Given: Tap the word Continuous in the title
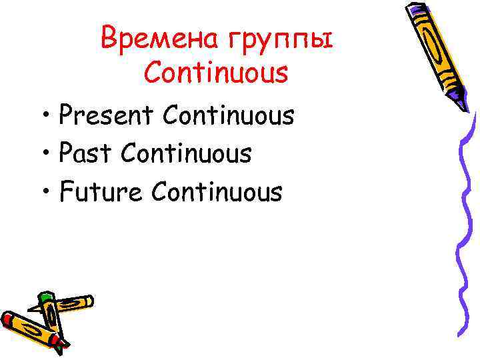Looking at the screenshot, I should (x=215, y=73).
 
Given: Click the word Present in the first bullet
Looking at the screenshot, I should (x=107, y=116).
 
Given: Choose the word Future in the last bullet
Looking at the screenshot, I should (x=101, y=193).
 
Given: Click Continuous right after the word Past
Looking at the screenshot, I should (x=185, y=154).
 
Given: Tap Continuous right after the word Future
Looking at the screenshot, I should (x=217, y=193).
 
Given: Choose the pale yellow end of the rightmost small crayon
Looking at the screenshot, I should (x=89, y=302).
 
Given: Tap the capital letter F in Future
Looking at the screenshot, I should (x=65, y=193).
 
